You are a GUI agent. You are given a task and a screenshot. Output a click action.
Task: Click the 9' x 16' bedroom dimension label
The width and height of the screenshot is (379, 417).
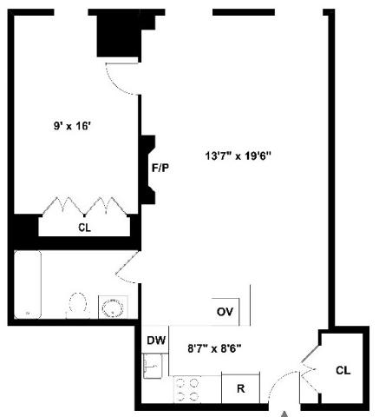click(72, 126)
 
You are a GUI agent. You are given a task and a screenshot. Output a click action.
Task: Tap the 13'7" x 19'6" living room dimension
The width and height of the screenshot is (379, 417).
click(238, 156)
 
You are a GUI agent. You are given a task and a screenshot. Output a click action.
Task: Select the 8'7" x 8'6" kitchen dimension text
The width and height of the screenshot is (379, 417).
click(214, 348)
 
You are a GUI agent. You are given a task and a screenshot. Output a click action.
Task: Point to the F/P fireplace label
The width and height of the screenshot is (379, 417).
click(160, 168)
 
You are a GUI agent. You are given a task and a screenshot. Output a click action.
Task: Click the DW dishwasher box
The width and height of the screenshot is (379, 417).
click(155, 340)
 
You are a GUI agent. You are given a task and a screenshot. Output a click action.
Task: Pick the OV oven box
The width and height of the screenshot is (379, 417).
click(225, 312)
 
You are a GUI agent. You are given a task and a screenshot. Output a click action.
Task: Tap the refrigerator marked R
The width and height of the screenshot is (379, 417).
click(240, 388)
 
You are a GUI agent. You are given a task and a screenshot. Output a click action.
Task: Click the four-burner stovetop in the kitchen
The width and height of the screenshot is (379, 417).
click(188, 389)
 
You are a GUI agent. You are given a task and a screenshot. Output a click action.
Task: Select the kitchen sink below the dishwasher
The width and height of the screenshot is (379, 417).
click(153, 366)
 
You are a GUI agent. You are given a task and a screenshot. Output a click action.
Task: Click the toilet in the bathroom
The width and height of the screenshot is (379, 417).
click(77, 305)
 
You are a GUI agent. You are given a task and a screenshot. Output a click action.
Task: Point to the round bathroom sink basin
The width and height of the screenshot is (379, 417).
click(113, 308)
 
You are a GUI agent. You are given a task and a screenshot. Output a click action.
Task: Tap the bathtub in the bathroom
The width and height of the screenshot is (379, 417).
click(28, 285)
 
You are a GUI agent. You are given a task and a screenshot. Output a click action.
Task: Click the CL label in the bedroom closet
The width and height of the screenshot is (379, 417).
click(84, 228)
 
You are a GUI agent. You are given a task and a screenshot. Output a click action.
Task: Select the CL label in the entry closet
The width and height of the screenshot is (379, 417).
click(343, 370)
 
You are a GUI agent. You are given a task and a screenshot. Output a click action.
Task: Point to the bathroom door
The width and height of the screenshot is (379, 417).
click(127, 268)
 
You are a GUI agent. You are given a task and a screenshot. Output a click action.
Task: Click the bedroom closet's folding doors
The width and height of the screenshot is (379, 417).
click(84, 207)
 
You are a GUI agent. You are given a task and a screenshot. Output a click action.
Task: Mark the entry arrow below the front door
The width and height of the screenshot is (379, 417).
click(285, 414)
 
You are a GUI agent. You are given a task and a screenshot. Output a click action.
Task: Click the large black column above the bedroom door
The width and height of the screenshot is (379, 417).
click(119, 36)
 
